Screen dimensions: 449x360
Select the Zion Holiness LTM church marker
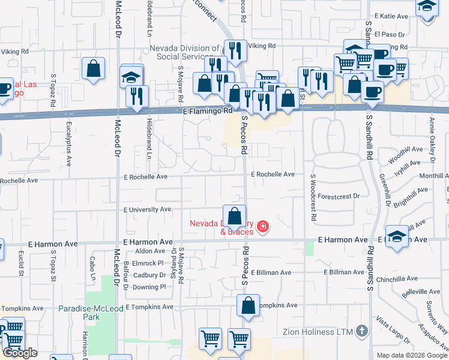(361, 331)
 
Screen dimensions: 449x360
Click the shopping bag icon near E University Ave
(235, 216)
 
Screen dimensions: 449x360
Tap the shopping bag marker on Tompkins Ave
(248, 306)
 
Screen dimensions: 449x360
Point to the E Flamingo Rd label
(207, 111)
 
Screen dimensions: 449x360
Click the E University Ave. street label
(148, 210)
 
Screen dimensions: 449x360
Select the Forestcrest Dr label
(339, 196)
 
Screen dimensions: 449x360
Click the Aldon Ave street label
(150, 251)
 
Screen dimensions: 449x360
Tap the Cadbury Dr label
(150, 275)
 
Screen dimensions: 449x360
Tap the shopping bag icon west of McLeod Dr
(94, 69)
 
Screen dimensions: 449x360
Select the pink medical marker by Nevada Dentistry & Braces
(262, 226)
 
